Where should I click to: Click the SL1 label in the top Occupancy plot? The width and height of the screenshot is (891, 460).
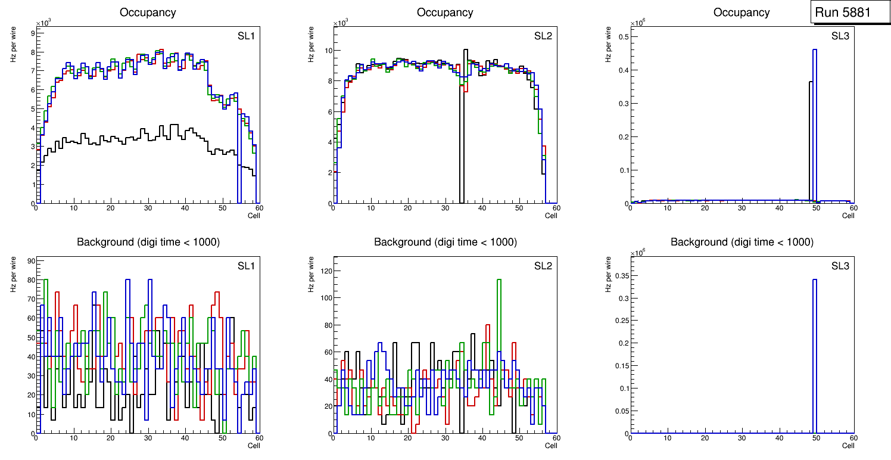pos(246,36)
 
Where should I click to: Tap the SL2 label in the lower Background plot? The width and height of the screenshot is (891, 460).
pos(543,266)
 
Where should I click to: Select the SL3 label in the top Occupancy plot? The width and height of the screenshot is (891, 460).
pos(840,36)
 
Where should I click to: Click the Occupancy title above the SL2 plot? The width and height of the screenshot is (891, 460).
pos(445,12)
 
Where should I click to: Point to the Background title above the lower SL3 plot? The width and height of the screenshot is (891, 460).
pos(742,242)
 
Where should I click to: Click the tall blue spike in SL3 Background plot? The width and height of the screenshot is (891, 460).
pos(815,280)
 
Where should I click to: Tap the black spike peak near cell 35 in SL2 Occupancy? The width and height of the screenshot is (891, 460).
pos(466,50)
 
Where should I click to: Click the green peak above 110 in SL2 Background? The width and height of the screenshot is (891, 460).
pos(499,279)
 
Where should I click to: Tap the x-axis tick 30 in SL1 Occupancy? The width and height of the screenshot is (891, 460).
pos(148,208)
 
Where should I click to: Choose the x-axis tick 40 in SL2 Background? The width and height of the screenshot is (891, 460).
pos(481,438)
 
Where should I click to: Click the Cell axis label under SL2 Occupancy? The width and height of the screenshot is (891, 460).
pos(551,215)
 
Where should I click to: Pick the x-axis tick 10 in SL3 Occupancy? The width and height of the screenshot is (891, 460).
pos(668,208)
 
